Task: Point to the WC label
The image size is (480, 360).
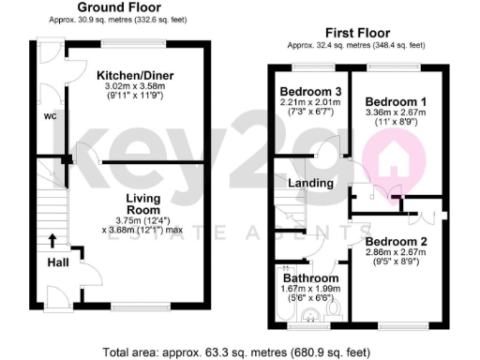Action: tap(51, 117)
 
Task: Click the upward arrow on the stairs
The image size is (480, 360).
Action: tap(52, 240)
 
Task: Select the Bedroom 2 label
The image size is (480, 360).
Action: tap(397, 242)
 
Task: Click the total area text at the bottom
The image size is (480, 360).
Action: tap(239, 352)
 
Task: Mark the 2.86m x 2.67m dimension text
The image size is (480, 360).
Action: tap(397, 254)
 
